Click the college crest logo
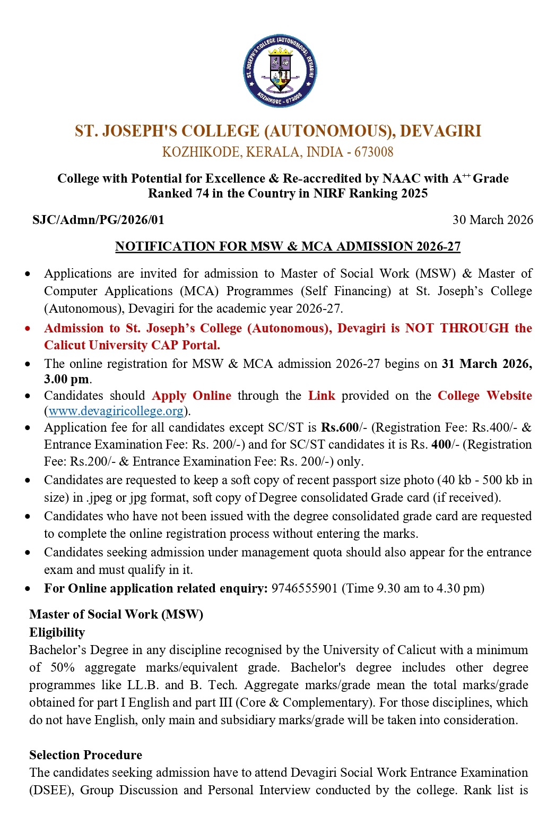point(280,71)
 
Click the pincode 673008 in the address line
point(374,152)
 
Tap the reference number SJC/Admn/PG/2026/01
point(98,220)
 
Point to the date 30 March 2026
point(492,220)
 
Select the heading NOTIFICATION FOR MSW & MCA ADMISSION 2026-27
point(288,246)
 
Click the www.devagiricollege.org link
point(116,411)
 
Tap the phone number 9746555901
point(304,588)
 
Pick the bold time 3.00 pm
point(66,379)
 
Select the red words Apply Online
point(192,396)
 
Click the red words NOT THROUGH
point(457,328)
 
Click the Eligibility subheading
point(57,632)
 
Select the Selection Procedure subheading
point(85,755)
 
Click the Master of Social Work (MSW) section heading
point(116,614)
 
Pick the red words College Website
point(484,396)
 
